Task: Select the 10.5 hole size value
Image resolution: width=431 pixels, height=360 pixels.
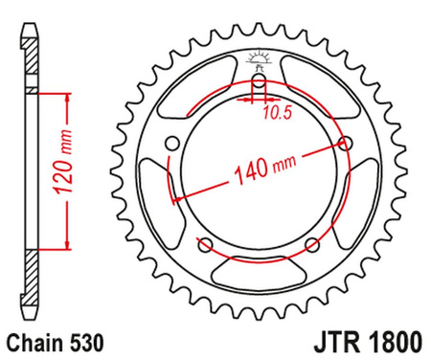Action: (275, 112)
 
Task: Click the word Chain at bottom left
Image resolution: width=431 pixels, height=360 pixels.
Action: (35, 340)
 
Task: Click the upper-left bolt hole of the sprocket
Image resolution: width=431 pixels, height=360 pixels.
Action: (173, 144)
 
